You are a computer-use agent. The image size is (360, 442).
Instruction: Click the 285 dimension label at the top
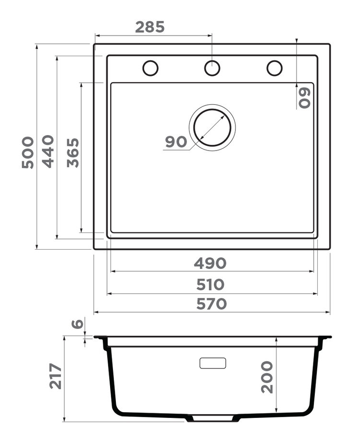(149, 27)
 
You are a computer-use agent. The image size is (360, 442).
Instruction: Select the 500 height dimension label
(28, 152)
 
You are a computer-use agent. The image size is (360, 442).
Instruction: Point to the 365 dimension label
(73, 152)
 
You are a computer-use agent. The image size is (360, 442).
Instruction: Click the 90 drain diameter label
(175, 142)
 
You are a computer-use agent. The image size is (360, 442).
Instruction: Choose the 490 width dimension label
(210, 264)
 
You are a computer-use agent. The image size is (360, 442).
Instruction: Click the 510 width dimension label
(210, 285)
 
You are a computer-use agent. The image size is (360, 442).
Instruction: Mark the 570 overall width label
(210, 304)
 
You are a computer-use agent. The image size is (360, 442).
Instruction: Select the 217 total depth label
(56, 376)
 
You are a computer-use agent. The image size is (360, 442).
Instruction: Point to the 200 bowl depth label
(267, 377)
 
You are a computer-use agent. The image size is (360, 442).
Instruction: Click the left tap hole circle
(150, 68)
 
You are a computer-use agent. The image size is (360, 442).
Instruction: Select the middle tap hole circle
(212, 68)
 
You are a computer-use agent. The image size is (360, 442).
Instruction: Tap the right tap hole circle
(274, 68)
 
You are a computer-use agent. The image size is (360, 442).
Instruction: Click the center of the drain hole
(212, 127)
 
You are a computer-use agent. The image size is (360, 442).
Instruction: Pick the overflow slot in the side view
(212, 363)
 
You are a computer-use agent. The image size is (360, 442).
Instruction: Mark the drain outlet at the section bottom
(212, 418)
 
